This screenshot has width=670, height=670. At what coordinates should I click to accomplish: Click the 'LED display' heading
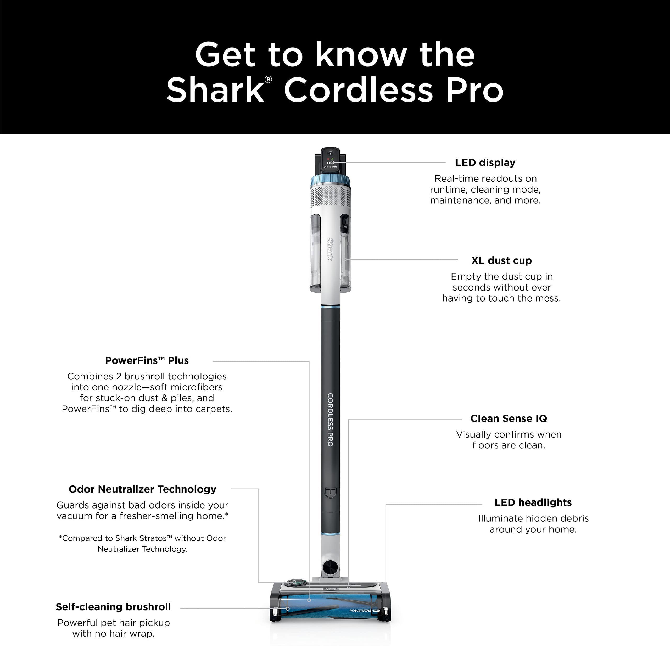485,163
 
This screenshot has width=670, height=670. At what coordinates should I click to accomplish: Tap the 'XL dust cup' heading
501,260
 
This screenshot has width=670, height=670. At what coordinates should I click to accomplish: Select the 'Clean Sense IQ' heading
509,418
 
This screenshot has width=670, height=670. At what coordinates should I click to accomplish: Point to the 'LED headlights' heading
533,502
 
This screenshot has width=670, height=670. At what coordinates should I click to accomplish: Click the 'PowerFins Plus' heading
147,361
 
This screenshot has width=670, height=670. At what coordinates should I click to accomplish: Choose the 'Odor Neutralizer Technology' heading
143,489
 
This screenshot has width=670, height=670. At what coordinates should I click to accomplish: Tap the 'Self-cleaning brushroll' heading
113,607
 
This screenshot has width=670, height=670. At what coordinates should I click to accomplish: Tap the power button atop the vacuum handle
330,153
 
